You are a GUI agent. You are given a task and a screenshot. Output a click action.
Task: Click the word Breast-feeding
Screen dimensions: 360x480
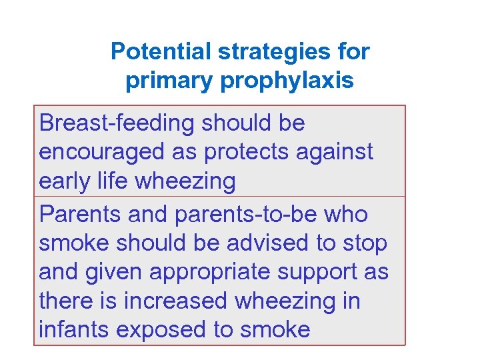point(117,123)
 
